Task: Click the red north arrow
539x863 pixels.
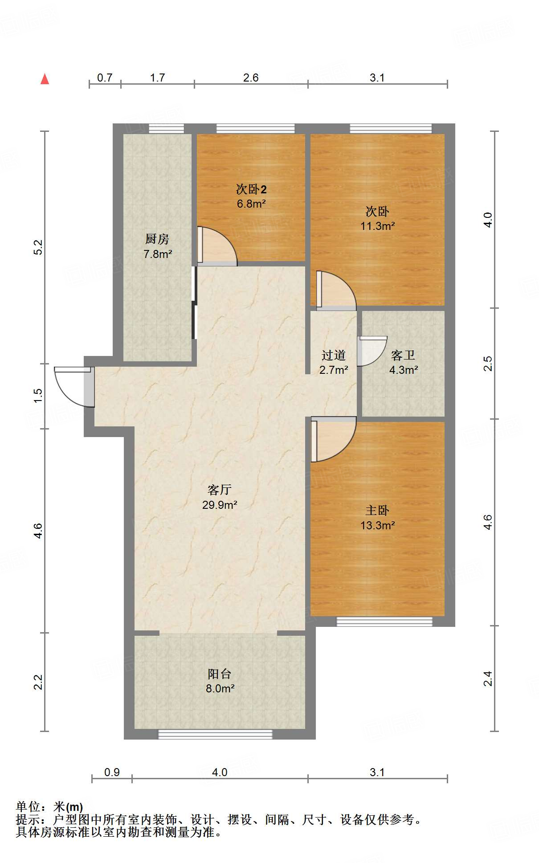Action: click(x=45, y=79)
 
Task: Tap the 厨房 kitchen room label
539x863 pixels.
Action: click(x=157, y=239)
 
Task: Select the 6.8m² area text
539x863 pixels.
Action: click(x=251, y=204)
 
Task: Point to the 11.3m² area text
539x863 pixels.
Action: click(x=377, y=226)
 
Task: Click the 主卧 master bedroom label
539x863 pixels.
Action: click(x=377, y=510)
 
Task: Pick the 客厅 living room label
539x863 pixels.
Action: click(x=219, y=490)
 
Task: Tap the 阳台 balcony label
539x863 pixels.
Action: click(x=219, y=674)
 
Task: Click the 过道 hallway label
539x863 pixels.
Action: click(x=334, y=355)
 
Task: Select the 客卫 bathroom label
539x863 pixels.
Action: click(x=403, y=355)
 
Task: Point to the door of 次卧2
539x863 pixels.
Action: click(x=217, y=246)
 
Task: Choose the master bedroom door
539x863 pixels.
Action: click(x=334, y=439)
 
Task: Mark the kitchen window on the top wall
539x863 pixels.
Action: click(x=166, y=128)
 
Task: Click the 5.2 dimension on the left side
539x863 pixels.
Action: click(x=38, y=247)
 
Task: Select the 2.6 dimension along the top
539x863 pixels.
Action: click(x=251, y=78)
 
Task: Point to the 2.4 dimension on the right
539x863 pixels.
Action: click(x=488, y=679)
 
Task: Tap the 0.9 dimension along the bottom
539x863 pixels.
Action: click(x=112, y=772)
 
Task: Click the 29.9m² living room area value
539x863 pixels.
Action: click(x=220, y=505)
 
